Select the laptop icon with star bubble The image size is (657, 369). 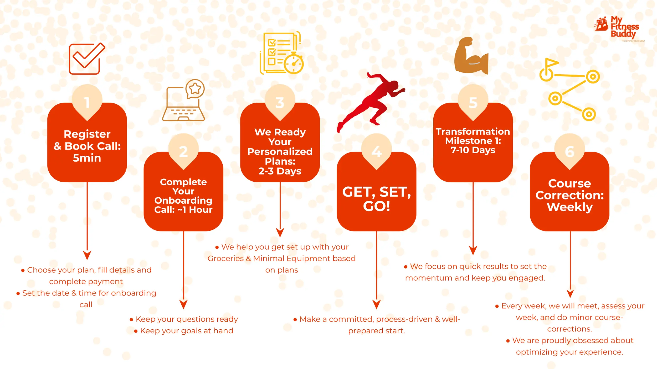point(183,100)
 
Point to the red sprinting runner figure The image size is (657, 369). point(371,102)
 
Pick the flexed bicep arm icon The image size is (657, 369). point(471,55)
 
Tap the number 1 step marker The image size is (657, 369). point(87,102)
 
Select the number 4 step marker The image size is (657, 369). point(377,151)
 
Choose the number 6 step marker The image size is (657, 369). point(569,151)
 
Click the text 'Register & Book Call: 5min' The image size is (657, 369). point(87,146)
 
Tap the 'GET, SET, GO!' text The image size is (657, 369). point(377,199)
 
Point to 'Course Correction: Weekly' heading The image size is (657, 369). point(569,195)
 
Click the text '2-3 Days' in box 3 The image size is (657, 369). point(280,171)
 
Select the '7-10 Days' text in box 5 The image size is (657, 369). point(473,150)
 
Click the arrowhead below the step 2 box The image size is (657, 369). point(183,304)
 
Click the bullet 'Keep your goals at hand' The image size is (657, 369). point(183,331)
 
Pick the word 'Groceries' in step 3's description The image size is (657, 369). point(225,259)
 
